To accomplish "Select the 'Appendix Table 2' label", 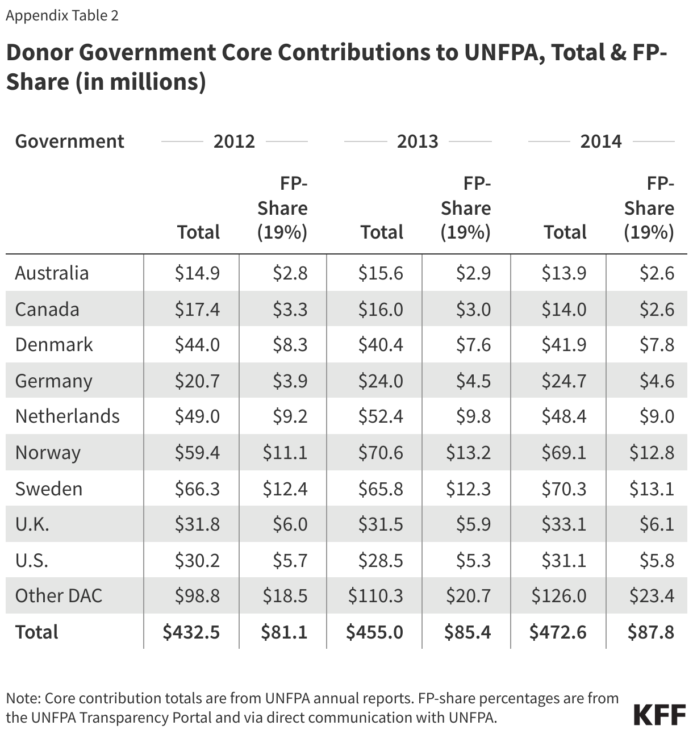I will click(x=62, y=15).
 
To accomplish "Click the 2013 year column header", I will click(x=418, y=141).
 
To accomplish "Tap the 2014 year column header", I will click(x=601, y=141).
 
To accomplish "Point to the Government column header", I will click(x=69, y=141).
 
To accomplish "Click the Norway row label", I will click(x=48, y=452).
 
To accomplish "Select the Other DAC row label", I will click(x=59, y=595).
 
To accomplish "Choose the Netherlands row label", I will click(x=67, y=416).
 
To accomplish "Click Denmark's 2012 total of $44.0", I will click(x=197, y=344).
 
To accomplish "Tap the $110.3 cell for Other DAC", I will click(x=375, y=595).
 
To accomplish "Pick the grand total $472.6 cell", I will click(x=558, y=632).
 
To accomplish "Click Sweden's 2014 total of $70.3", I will click(x=563, y=489).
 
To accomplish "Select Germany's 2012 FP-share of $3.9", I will click(x=290, y=381).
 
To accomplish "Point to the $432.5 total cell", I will click(x=191, y=632).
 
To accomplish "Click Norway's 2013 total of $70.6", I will click(x=381, y=452).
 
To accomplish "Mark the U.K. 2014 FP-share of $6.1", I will click(x=657, y=524).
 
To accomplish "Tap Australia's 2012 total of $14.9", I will click(x=197, y=273).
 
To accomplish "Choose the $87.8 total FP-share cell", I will click(x=651, y=632).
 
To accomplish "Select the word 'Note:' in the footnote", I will click(x=23, y=698).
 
